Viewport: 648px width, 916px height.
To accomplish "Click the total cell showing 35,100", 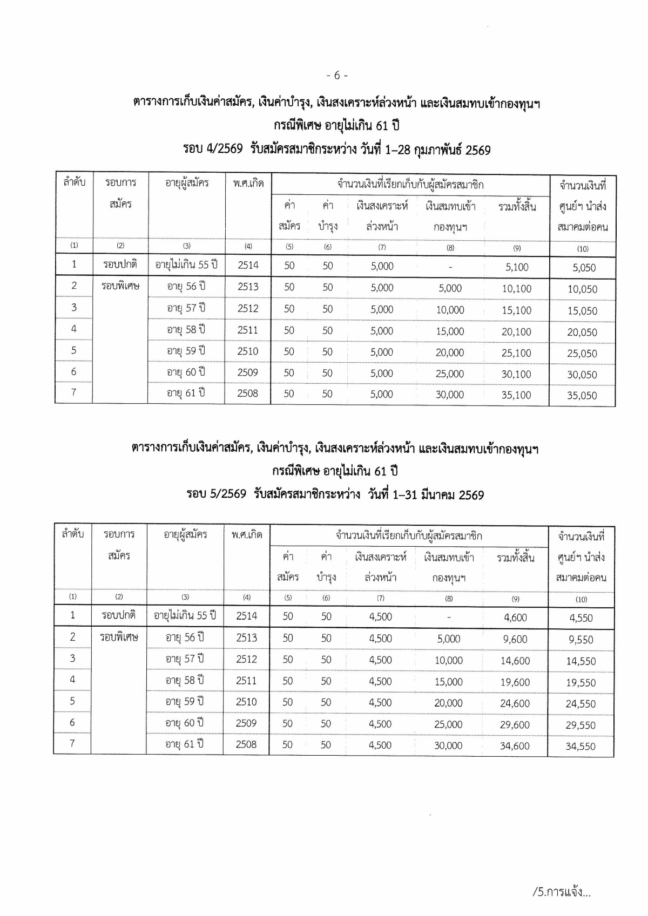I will pos(516,395).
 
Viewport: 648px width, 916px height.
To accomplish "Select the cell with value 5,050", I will pos(582,267).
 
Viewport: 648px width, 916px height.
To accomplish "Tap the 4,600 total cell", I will pos(515,618).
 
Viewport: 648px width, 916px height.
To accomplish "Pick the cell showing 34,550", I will pos(580,747).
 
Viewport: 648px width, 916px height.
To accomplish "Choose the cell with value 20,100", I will pos(516,331).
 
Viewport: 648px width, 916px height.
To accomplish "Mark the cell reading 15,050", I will pos(582,311).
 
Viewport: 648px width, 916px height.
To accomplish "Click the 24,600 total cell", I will pos(515,703).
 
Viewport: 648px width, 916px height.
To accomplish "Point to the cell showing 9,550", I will pos(580,640).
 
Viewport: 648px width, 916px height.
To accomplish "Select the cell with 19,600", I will pos(515,682).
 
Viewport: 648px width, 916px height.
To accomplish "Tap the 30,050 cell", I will pos(582,375).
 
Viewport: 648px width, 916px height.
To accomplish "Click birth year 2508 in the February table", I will pos(248,393).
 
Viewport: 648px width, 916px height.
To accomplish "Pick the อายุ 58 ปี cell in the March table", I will pos(185,680).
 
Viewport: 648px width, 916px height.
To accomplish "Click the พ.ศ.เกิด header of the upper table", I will pos(248,183).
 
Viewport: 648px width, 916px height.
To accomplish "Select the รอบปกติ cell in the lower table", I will pos(118,615).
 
